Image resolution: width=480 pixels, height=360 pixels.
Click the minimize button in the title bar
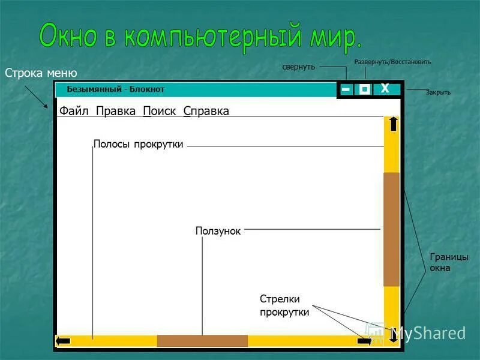click(346, 89)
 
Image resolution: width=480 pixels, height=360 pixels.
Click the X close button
click(385, 89)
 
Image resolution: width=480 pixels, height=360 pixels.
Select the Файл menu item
click(74, 111)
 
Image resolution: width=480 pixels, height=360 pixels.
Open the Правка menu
click(116, 111)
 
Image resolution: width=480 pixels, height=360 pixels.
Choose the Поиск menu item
click(160, 111)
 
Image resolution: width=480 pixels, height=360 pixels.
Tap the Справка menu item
click(206, 111)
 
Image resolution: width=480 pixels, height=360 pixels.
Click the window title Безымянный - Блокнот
click(116, 89)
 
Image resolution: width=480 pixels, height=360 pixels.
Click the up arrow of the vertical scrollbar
click(393, 124)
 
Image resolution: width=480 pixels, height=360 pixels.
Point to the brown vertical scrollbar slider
click(391, 229)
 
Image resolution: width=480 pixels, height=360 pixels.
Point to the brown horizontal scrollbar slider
click(202, 341)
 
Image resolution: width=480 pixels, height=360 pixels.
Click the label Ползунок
click(218, 231)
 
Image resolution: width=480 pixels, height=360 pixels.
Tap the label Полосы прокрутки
click(138, 144)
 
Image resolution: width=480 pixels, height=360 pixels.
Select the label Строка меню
click(41, 73)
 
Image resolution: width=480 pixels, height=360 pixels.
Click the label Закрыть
click(438, 92)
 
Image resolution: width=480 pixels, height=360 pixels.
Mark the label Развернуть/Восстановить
click(392, 62)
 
